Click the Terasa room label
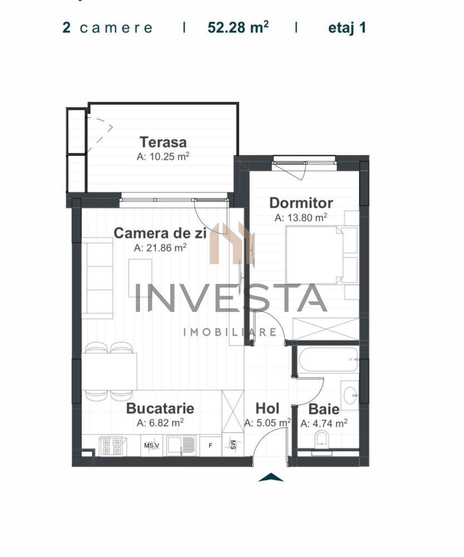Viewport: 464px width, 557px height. (x=163, y=142)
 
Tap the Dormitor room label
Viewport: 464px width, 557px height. (x=301, y=203)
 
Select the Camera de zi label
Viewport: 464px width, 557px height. (x=160, y=233)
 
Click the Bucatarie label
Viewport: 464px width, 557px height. (x=160, y=408)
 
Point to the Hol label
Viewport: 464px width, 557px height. (x=267, y=409)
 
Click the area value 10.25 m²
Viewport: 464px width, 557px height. (x=163, y=157)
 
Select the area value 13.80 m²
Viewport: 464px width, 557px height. (x=301, y=218)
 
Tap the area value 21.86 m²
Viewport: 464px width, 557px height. (x=160, y=248)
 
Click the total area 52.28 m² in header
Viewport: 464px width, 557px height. (x=238, y=28)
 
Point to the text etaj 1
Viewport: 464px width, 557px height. (x=347, y=28)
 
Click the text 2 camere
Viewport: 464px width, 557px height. (x=107, y=28)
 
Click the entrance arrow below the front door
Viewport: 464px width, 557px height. (x=271, y=477)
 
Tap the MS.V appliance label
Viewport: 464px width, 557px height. (x=151, y=446)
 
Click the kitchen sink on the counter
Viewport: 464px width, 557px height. (x=182, y=445)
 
